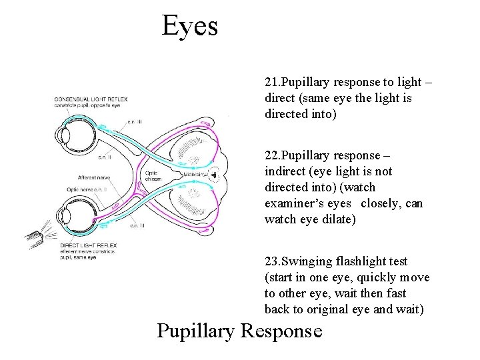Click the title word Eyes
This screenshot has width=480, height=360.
click(x=190, y=27)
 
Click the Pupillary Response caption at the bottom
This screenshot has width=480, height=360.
click(x=239, y=331)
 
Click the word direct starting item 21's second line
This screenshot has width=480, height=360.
click(x=281, y=99)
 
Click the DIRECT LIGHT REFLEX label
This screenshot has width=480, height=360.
click(x=87, y=245)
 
